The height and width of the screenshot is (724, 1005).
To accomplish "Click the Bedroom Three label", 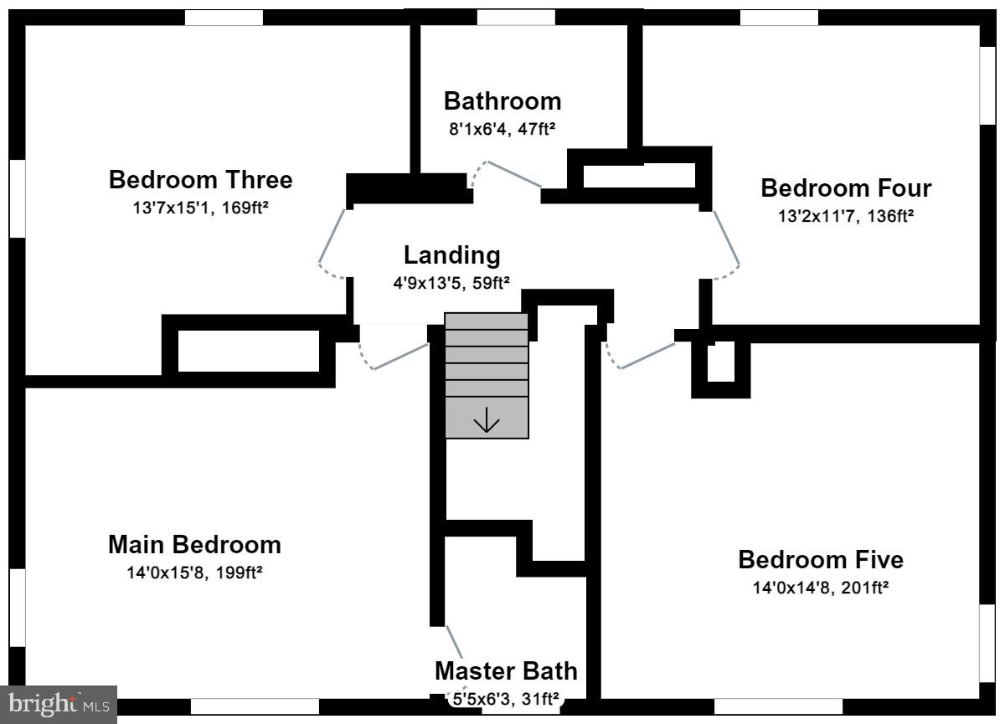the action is pos(200,180).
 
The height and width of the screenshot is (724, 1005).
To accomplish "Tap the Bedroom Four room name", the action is pos(846,187).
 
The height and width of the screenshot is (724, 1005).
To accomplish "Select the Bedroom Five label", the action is pos(821,559).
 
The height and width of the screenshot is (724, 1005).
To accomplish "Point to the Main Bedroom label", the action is pos(194,545).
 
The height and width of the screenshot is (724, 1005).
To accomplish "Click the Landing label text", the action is pos(451,255).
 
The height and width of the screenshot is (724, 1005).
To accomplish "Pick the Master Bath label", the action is pos(506,671).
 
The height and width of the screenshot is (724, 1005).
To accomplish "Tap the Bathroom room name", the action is pos(502,101).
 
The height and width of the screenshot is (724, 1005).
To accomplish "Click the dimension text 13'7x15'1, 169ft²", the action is pos(200,208).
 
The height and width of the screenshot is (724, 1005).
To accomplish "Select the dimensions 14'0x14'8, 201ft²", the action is pos(821,588).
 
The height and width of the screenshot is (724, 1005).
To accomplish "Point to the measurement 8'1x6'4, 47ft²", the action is pos(502,129).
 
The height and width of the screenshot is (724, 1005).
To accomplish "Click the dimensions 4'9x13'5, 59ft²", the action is pos(451,283).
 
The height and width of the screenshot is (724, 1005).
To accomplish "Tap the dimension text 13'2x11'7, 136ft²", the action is pos(846,216).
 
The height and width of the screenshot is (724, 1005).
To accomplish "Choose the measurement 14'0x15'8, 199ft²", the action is pos(194,573).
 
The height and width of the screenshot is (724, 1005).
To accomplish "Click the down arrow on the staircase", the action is pos(487,419).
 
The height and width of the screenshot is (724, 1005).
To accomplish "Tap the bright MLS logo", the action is pos(59,704).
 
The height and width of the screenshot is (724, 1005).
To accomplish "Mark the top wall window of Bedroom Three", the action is pos(224,18).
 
